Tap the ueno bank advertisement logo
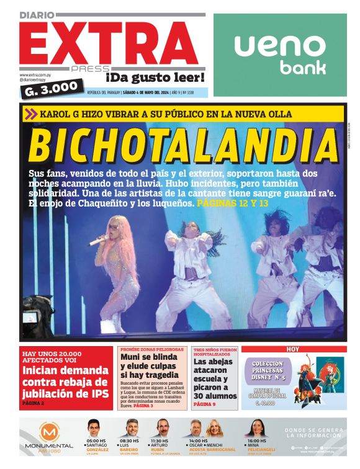tap(281, 53)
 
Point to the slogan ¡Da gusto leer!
tap(155, 78)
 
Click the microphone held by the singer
tap(98, 241)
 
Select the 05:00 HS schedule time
tap(96, 441)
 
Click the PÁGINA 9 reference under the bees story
tap(205, 404)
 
